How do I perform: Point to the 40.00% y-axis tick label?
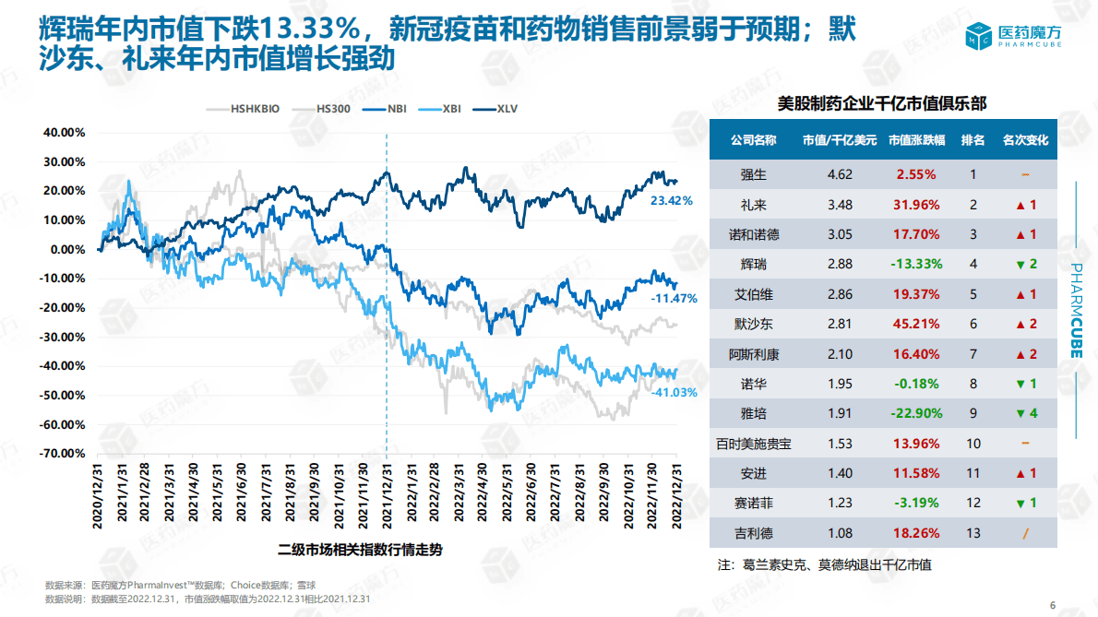tap(64, 132)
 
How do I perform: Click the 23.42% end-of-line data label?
tap(671, 200)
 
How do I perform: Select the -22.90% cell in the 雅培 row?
tap(916, 413)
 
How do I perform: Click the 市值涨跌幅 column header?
tap(916, 141)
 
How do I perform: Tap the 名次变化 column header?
tap(1026, 141)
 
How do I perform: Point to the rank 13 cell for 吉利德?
tap(973, 533)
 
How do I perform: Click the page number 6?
tap(1053, 605)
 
